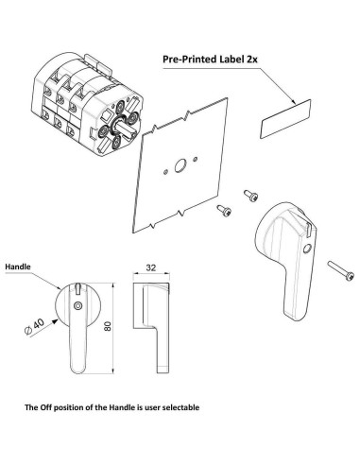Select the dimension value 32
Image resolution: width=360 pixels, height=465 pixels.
pos(150,267)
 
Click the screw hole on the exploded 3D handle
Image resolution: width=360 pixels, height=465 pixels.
pos(305,248)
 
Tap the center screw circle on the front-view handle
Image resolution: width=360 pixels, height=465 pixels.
pos(77,306)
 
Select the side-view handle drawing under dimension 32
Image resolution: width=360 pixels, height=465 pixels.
pos(150,321)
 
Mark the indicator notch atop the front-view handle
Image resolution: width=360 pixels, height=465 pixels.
pos(77,287)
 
